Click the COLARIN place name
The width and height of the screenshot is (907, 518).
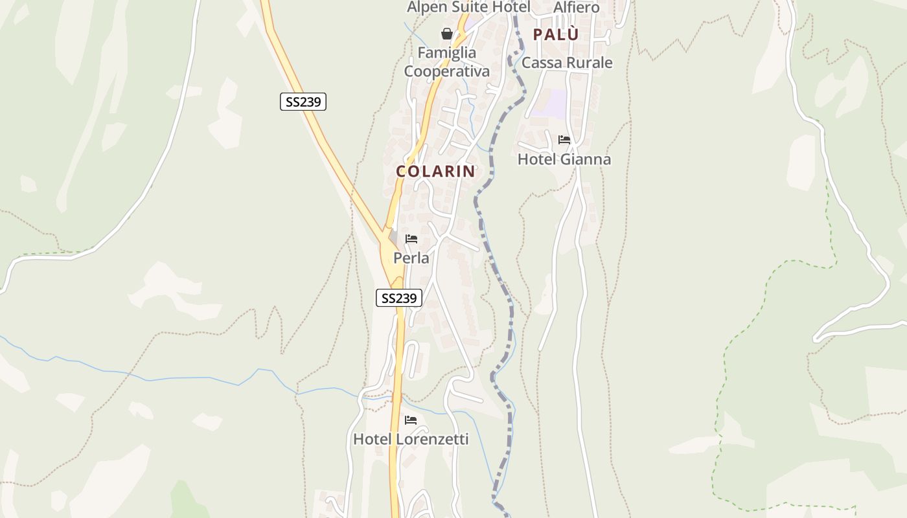coord(435,172)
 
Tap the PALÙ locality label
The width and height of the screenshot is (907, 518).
coord(555,35)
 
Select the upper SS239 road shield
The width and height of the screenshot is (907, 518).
coord(303,102)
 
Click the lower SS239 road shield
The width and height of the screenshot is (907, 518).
coord(399,298)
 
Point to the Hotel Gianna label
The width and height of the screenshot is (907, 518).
coord(564,159)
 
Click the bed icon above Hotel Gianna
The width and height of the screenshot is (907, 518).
coord(564,140)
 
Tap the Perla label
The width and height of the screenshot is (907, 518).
coord(411,258)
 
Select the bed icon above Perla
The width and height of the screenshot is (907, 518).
coord(411,239)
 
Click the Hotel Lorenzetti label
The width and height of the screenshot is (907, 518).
coord(411,439)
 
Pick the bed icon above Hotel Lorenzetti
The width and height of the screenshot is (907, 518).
coord(411,420)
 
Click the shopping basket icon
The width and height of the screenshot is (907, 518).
coord(447,34)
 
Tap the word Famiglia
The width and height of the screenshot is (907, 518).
coord(447,52)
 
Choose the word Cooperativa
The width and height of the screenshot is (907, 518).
coord(447,71)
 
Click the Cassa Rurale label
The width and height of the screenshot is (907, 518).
coord(567,63)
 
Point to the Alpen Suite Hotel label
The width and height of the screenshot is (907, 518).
coord(468,7)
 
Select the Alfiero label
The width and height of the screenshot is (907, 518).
coord(577,7)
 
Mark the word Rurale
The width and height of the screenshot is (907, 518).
coord(590,63)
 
